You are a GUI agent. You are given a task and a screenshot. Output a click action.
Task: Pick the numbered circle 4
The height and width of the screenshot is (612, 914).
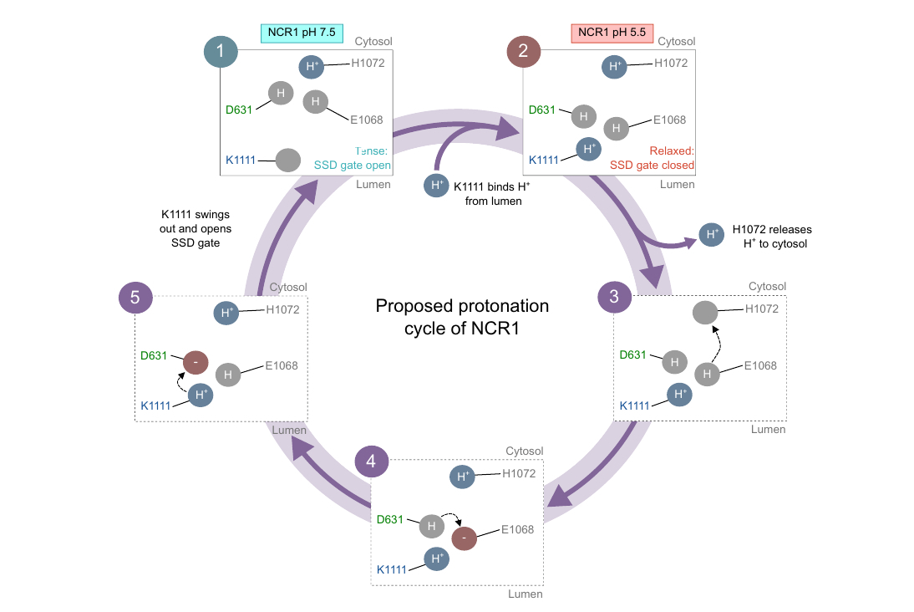point(371,462)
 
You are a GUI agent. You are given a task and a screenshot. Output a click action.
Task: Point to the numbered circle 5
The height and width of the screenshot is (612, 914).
point(135,298)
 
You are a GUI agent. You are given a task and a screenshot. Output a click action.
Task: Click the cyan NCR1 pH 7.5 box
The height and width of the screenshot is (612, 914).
point(302,33)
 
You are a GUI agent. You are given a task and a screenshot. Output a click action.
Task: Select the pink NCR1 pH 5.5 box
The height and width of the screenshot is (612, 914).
point(606,33)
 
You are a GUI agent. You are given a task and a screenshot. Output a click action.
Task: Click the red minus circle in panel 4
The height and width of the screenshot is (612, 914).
point(464,538)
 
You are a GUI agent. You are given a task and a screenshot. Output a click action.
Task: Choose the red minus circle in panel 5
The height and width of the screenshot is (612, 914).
point(195,363)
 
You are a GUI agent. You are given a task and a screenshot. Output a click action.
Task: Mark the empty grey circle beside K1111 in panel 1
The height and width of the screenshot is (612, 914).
point(287,158)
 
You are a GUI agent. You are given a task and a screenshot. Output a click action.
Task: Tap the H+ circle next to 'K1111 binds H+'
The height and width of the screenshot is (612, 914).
point(435,185)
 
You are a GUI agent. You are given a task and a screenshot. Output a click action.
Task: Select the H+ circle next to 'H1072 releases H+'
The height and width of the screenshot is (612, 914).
point(711,236)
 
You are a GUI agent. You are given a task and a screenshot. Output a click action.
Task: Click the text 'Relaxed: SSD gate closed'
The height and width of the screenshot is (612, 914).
point(652,158)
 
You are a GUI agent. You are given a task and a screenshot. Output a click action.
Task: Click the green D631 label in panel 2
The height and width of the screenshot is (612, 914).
point(542,110)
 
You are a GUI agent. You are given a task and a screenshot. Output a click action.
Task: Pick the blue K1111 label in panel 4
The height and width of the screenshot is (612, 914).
point(391,569)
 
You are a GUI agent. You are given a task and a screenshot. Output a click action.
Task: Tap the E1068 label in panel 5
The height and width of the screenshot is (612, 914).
point(282,365)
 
